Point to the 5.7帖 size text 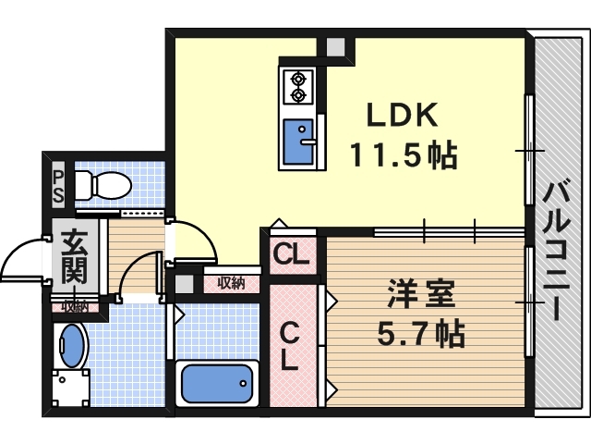420,332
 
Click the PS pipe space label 58,185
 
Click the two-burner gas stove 297,86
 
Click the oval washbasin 71,344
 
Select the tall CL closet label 291,344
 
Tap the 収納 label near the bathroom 230,283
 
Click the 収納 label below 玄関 73,306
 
